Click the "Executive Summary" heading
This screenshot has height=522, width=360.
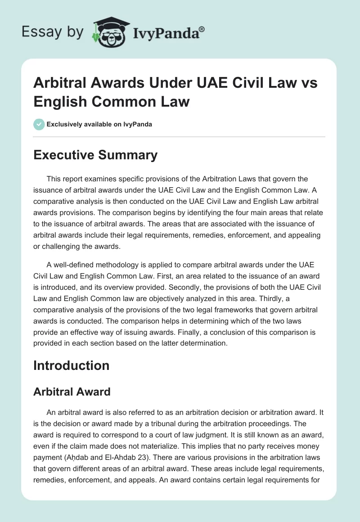95,155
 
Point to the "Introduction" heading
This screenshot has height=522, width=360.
71,365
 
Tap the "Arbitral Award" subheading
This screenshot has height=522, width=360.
72,391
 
